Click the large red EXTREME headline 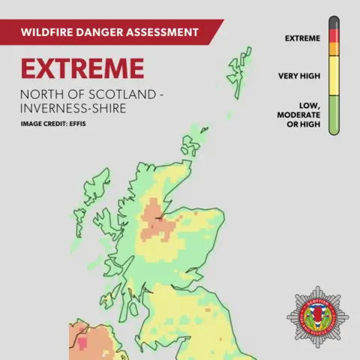point(82,69)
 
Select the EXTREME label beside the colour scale point(303,37)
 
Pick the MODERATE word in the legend point(299,115)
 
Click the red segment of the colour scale point(334,35)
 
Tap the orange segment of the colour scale point(334,49)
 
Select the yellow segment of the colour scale point(334,75)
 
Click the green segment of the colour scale point(334,112)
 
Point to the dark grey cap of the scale point(334,22)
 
